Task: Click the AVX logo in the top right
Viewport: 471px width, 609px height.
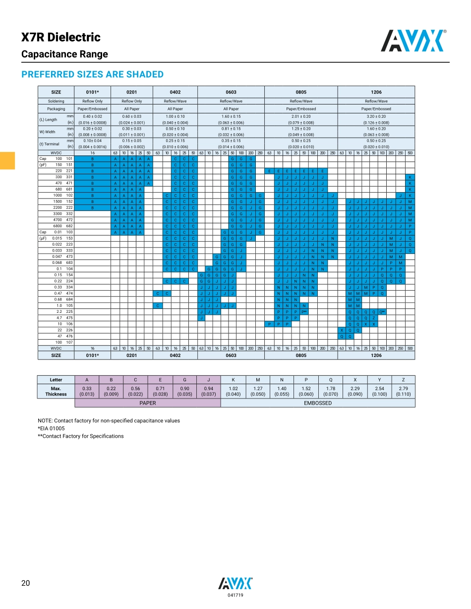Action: (413, 41)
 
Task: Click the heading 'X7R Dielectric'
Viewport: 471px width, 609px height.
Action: (60, 37)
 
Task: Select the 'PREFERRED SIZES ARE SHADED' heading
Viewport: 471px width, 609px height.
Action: (92, 74)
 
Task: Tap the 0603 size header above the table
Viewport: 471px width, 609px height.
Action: (231, 92)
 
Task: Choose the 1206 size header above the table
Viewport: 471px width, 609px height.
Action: (376, 92)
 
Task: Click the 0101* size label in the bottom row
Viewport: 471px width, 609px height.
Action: (92, 355)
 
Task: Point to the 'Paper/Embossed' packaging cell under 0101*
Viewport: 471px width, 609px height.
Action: (92, 108)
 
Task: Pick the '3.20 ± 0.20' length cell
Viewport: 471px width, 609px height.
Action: (376, 116)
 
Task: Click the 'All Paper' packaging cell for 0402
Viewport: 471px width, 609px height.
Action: (175, 108)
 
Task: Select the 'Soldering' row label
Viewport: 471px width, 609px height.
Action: (56, 101)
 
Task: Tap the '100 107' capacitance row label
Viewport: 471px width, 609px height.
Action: (56, 342)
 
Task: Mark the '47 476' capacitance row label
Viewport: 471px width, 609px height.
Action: (56, 336)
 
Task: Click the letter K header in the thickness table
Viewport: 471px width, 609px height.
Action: (234, 380)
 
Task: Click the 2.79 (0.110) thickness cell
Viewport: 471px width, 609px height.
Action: (403, 391)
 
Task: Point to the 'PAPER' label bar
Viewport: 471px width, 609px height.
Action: (147, 403)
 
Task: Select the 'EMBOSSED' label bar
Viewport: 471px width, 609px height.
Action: (318, 403)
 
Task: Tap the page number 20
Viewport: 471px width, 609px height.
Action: (26, 583)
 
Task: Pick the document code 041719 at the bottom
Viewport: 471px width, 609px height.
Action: (235, 595)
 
